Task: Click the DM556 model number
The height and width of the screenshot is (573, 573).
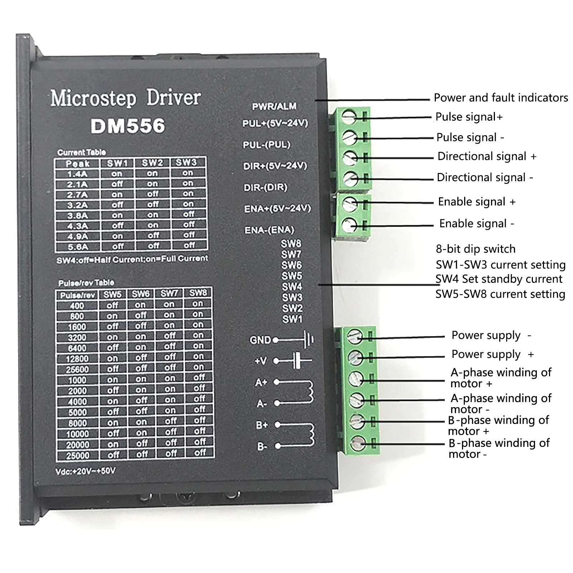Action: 128,126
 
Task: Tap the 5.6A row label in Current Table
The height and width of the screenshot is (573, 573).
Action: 78,247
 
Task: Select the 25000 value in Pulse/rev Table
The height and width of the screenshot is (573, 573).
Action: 78,456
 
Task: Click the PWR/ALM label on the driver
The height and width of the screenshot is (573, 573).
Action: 274,106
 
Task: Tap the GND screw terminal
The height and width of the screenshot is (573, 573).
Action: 356,336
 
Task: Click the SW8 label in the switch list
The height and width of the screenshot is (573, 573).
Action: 291,244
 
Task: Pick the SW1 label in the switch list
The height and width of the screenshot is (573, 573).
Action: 292,319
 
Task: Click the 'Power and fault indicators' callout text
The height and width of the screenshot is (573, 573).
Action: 501,98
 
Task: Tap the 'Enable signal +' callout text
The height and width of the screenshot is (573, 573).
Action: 477,202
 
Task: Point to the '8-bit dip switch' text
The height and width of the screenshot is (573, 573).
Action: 476,249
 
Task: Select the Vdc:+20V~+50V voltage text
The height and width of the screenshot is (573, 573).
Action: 86,471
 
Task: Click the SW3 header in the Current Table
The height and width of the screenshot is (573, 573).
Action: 186,162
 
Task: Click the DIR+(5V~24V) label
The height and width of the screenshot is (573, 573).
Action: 275,166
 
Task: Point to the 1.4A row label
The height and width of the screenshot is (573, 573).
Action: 78,174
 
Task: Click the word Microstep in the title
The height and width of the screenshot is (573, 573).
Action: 93,98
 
